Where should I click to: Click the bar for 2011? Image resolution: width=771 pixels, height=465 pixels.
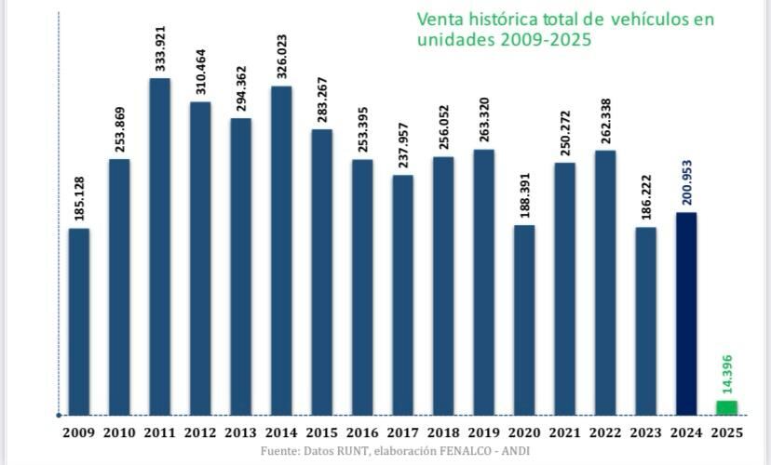[160, 246]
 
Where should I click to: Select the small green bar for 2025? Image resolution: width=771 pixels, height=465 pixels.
[726, 407]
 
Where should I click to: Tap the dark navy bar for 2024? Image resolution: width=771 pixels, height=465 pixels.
[686, 313]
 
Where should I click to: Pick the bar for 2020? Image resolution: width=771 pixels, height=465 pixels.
[524, 320]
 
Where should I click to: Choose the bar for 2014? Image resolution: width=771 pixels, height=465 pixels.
[281, 250]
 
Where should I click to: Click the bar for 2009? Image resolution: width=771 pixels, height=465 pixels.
[79, 322]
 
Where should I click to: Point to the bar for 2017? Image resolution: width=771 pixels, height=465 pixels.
[402, 295]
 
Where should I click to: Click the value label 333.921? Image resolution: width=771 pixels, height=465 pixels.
[160, 43]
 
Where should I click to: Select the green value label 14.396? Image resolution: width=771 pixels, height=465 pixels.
[727, 372]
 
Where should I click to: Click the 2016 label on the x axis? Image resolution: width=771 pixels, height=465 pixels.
[362, 432]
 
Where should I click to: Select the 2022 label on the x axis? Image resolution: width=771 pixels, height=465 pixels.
[605, 432]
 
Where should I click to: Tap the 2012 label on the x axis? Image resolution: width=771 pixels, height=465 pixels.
[200, 432]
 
